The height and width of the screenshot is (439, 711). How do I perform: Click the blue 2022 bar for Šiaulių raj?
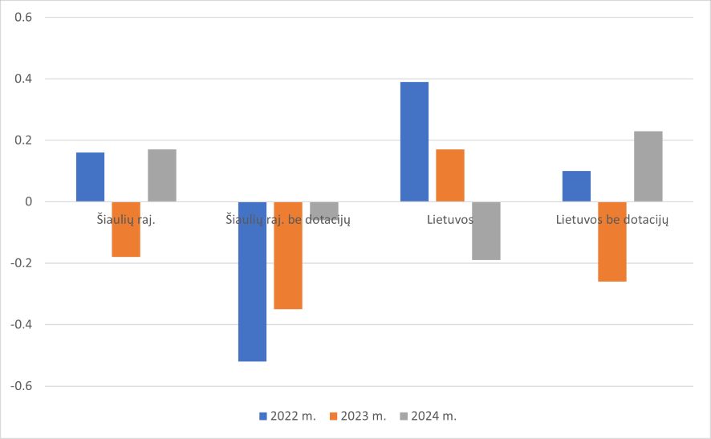[90, 177]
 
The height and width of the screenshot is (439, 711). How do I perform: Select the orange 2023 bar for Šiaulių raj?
[126, 230]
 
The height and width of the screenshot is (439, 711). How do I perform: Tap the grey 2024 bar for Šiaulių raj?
[162, 175]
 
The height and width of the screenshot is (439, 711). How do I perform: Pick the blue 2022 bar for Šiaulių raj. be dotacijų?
[252, 281]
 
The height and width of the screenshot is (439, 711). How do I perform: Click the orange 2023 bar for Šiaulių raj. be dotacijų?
[288, 255]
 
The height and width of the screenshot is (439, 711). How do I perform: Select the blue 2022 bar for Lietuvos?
[414, 141]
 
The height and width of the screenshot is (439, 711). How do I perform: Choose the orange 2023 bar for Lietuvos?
[450, 175]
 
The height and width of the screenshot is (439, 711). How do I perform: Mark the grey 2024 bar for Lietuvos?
[486, 231]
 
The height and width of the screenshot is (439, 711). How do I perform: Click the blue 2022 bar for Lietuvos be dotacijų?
[576, 186]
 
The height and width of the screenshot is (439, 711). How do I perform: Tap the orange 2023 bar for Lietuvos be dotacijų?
[612, 242]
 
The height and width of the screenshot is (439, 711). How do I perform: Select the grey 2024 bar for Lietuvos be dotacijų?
[648, 166]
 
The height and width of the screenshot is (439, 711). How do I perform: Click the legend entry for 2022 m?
[287, 416]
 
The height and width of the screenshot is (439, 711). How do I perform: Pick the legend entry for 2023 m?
[357, 416]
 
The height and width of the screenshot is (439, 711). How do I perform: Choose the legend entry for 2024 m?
[428, 416]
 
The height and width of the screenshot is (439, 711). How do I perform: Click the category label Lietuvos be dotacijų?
[612, 219]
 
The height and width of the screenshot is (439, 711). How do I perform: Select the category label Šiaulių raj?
[126, 219]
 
